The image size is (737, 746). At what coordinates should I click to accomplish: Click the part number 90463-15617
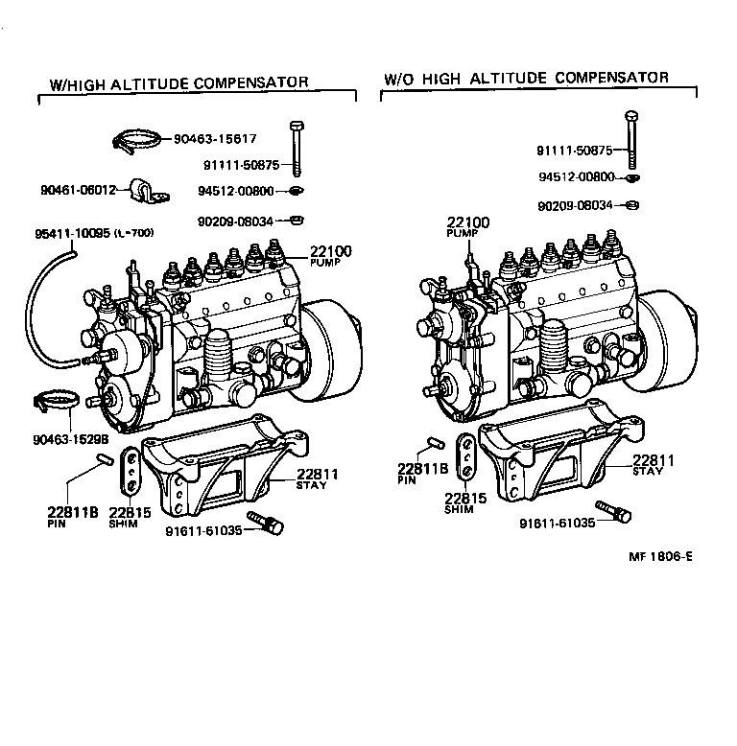coord(216,139)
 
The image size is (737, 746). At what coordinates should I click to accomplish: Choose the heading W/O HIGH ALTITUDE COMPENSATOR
coord(526,78)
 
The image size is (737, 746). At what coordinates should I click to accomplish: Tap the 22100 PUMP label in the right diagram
coord(467,227)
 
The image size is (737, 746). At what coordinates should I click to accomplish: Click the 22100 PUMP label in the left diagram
coord(330,255)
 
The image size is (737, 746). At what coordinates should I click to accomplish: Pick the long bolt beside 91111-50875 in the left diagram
coord(296,149)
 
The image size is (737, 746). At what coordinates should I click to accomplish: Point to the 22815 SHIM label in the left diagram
coord(130,517)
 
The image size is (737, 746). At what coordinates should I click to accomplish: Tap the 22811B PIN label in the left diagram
coord(73,516)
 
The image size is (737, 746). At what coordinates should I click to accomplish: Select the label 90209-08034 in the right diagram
coord(576,205)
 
